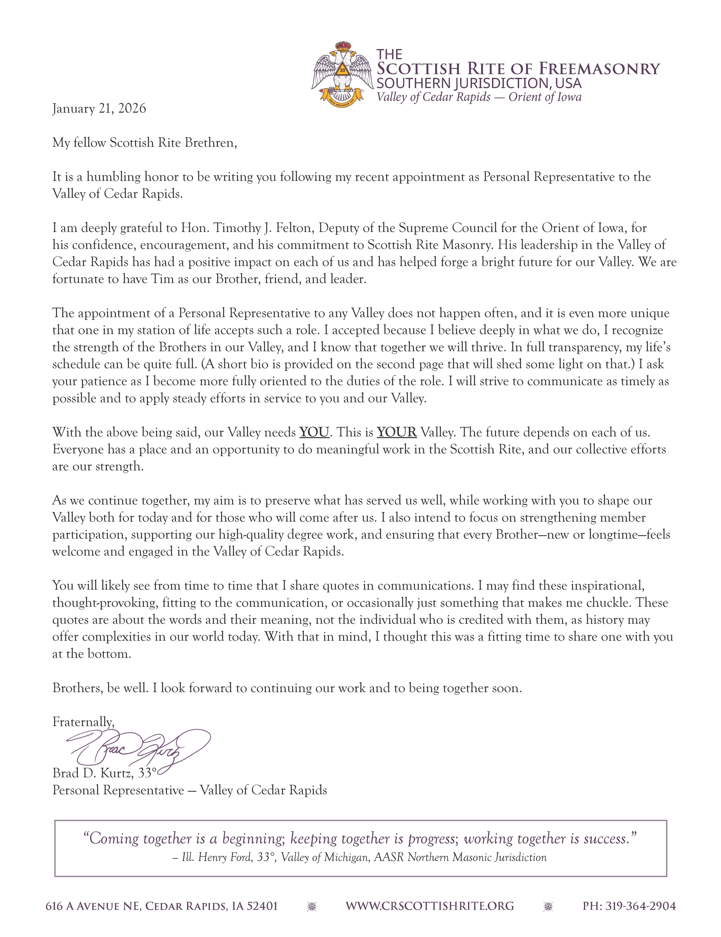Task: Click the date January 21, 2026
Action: (x=99, y=109)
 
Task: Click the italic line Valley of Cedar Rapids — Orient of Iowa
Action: (x=479, y=97)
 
